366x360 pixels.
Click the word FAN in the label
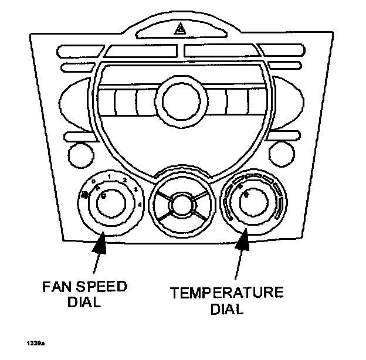57,288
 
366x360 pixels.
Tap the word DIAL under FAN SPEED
84,303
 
